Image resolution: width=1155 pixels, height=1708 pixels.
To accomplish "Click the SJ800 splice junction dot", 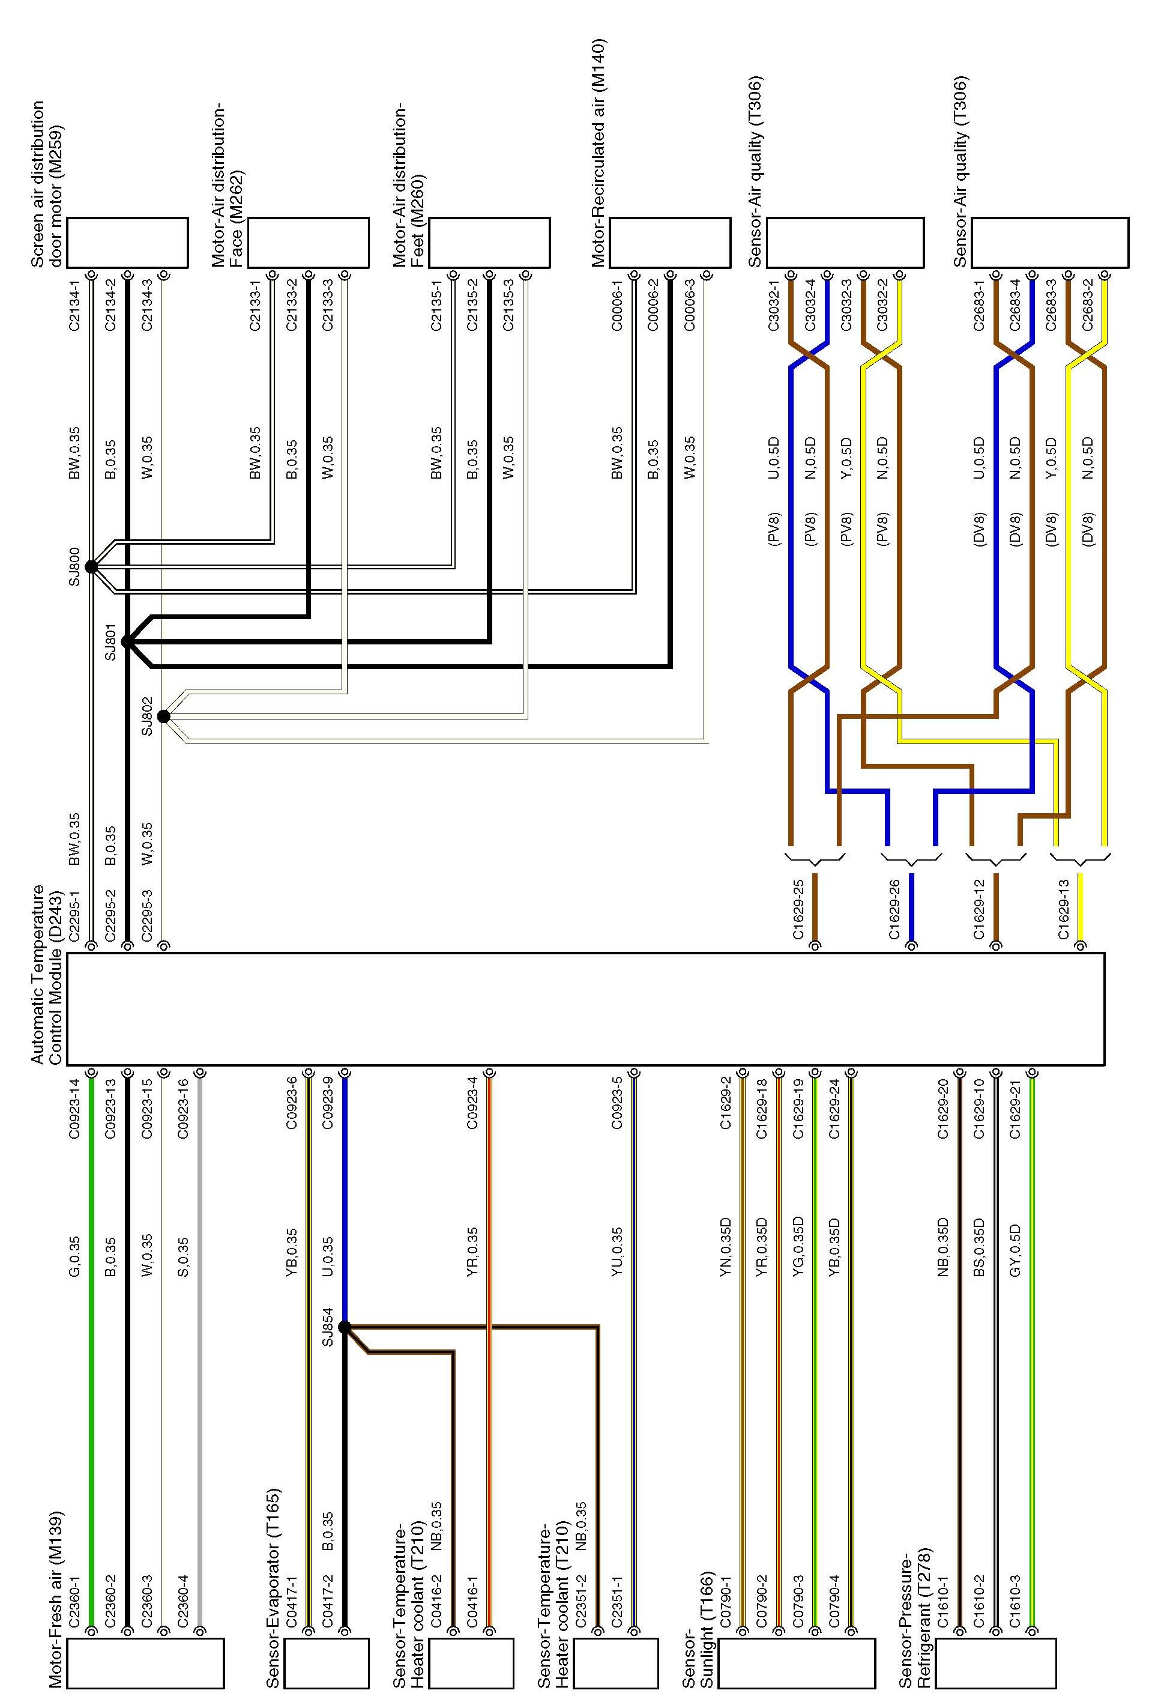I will click(91, 567).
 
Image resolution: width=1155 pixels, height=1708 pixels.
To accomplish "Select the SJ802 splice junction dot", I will click(164, 716).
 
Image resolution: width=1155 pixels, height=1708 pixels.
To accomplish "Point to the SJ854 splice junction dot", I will click(344, 1327).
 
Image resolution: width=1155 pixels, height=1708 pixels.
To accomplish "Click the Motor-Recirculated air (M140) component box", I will click(669, 243).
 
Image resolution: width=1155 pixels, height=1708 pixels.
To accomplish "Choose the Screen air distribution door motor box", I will click(127, 243).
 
